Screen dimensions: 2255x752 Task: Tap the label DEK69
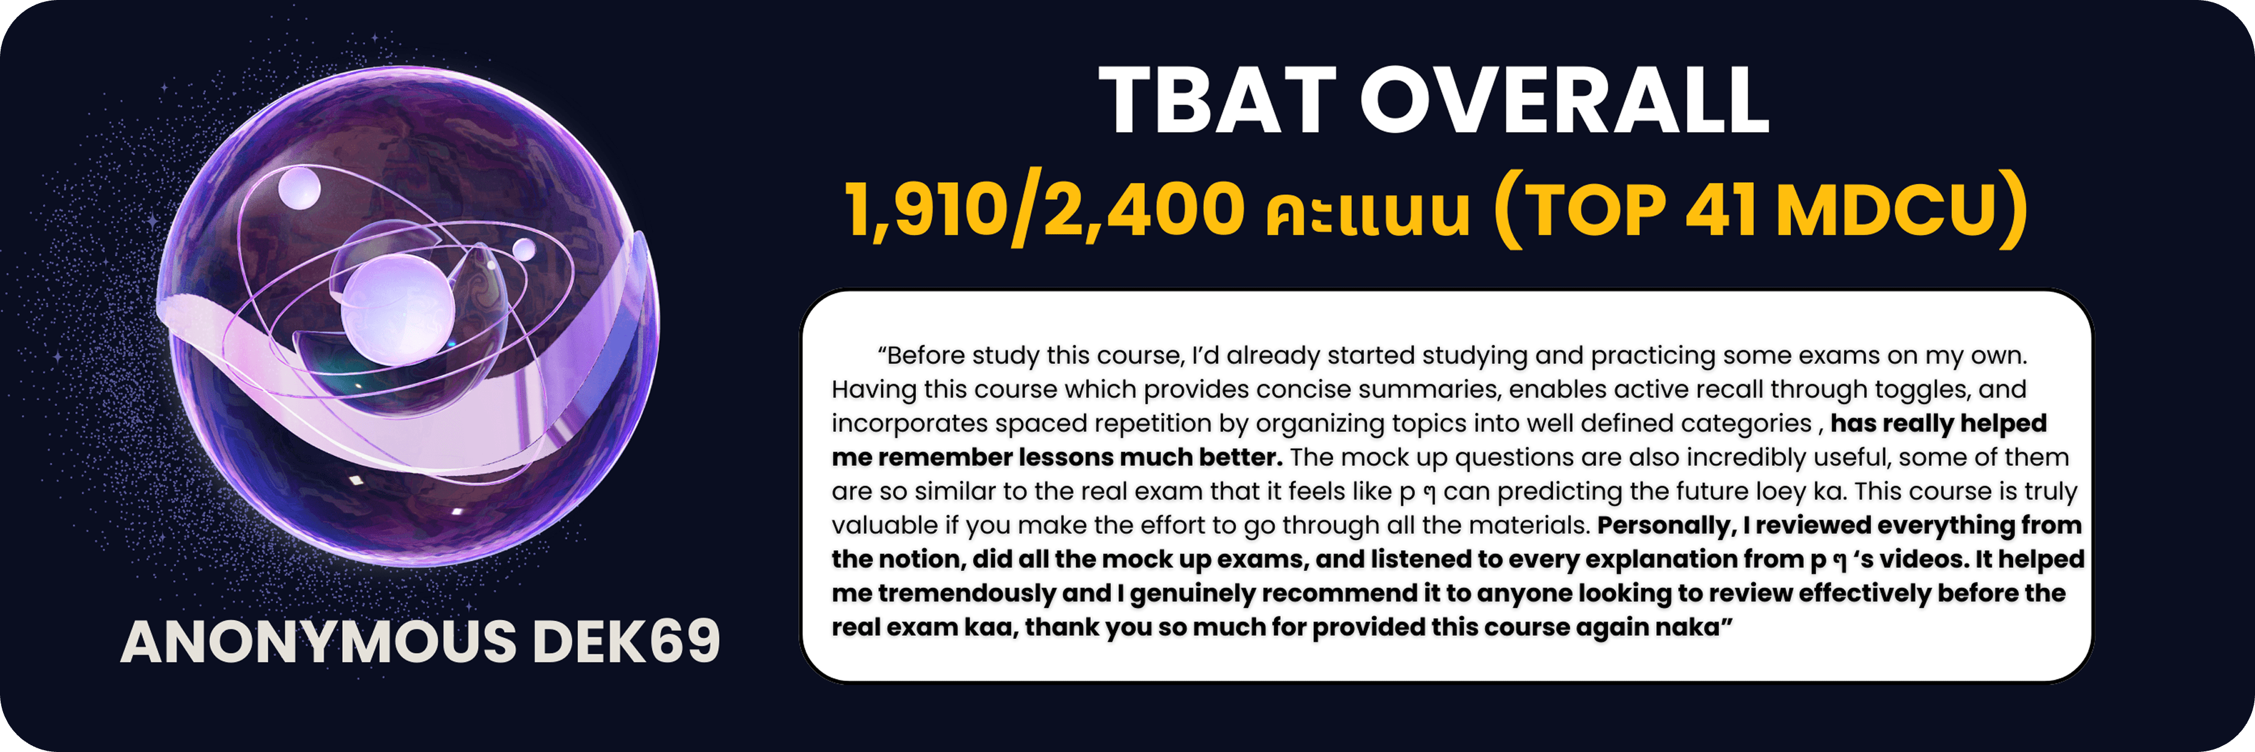coord(626,642)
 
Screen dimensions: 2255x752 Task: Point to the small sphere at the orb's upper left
coord(299,187)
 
